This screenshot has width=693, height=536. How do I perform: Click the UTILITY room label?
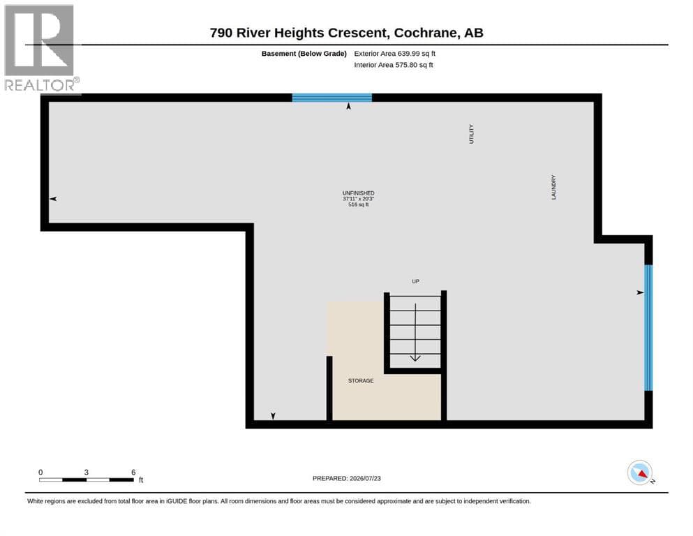click(x=471, y=134)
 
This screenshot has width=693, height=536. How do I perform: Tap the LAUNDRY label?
click(x=554, y=187)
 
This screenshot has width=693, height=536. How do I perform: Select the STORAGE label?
click(x=361, y=380)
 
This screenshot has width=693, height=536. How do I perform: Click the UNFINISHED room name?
click(x=359, y=193)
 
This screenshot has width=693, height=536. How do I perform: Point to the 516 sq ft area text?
click(x=359, y=204)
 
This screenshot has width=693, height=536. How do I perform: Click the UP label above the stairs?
click(x=415, y=281)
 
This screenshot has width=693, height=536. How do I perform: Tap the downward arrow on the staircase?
click(x=415, y=332)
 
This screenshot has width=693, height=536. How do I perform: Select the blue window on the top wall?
click(x=332, y=98)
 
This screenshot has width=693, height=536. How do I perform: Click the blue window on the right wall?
click(x=648, y=327)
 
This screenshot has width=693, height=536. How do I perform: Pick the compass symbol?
click(x=639, y=472)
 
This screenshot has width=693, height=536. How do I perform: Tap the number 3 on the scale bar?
click(x=86, y=472)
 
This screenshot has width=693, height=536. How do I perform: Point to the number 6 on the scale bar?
click(x=133, y=472)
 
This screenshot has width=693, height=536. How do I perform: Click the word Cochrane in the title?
click(x=426, y=33)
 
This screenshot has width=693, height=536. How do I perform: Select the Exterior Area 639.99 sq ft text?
click(x=395, y=54)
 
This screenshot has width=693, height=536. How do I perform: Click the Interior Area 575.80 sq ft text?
click(x=394, y=65)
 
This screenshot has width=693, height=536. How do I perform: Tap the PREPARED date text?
click(x=346, y=478)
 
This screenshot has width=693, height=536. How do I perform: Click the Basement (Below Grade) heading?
click(x=304, y=54)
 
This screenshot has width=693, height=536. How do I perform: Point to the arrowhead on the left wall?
click(x=54, y=199)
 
